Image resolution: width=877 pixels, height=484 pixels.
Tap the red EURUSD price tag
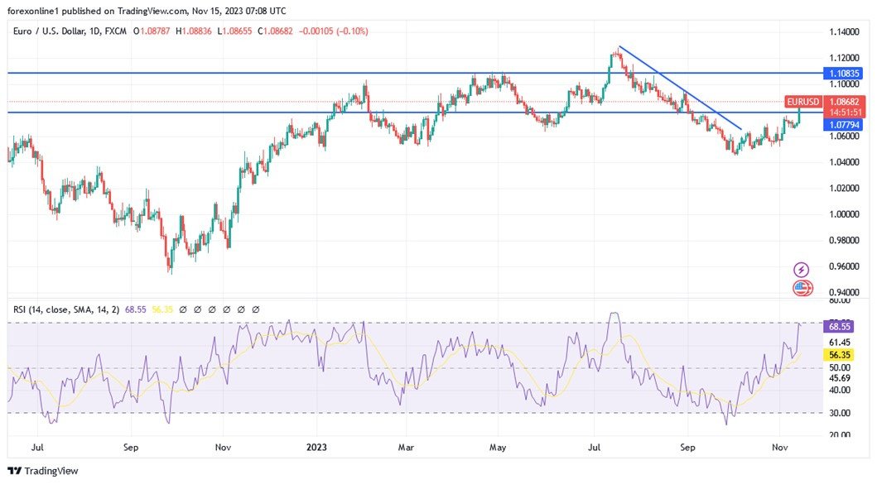point(803,102)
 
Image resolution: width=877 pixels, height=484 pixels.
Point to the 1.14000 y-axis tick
point(846,31)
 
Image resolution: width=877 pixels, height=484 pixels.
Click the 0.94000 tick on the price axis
point(846,293)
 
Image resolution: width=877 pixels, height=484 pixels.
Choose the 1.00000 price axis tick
point(846,214)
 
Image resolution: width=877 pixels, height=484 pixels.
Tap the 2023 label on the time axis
point(316,448)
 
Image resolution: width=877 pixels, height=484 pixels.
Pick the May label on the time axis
point(497,448)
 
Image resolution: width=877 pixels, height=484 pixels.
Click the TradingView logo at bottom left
point(43,471)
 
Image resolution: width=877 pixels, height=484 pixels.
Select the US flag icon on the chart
point(802,289)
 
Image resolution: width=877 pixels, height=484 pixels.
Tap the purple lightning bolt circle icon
point(801,270)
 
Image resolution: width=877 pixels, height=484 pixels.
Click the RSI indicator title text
point(65,309)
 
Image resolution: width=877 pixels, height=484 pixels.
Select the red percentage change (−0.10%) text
point(350,31)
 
